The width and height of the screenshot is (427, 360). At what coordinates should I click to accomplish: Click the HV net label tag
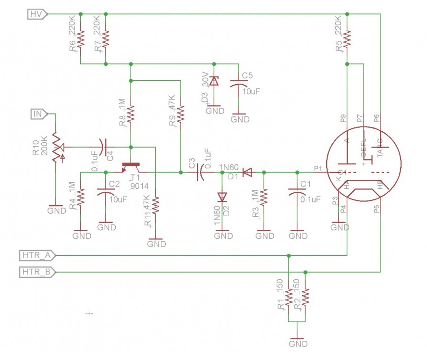[x=36, y=14]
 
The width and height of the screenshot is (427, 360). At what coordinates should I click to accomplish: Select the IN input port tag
[x=38, y=114]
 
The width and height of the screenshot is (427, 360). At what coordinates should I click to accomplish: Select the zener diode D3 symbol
[x=215, y=81]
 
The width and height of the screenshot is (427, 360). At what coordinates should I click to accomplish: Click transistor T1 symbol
[x=131, y=167]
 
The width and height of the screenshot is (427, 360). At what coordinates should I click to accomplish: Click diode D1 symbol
[x=247, y=172]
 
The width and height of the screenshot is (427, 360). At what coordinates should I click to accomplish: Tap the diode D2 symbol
[x=222, y=197]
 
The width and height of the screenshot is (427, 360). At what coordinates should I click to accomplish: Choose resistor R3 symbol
[x=265, y=197]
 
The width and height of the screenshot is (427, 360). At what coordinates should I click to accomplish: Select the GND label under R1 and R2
[x=298, y=344]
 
